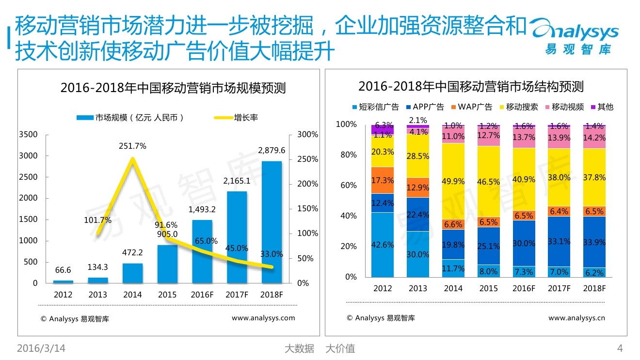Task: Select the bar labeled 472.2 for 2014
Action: pos(132,273)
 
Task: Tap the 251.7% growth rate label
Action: pos(132,146)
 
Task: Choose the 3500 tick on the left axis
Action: pos(28,134)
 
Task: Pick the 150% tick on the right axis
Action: pos(307,209)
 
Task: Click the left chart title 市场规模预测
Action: pos(173,88)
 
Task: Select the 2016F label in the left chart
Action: pos(202,295)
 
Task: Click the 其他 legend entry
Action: pos(601,107)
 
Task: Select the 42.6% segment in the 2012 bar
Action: pos(383,245)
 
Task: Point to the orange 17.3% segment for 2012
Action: pos(383,180)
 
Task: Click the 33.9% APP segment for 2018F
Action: pos(594,242)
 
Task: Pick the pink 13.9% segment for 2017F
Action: pos(559,138)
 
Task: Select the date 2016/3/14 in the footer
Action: pos(41,348)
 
